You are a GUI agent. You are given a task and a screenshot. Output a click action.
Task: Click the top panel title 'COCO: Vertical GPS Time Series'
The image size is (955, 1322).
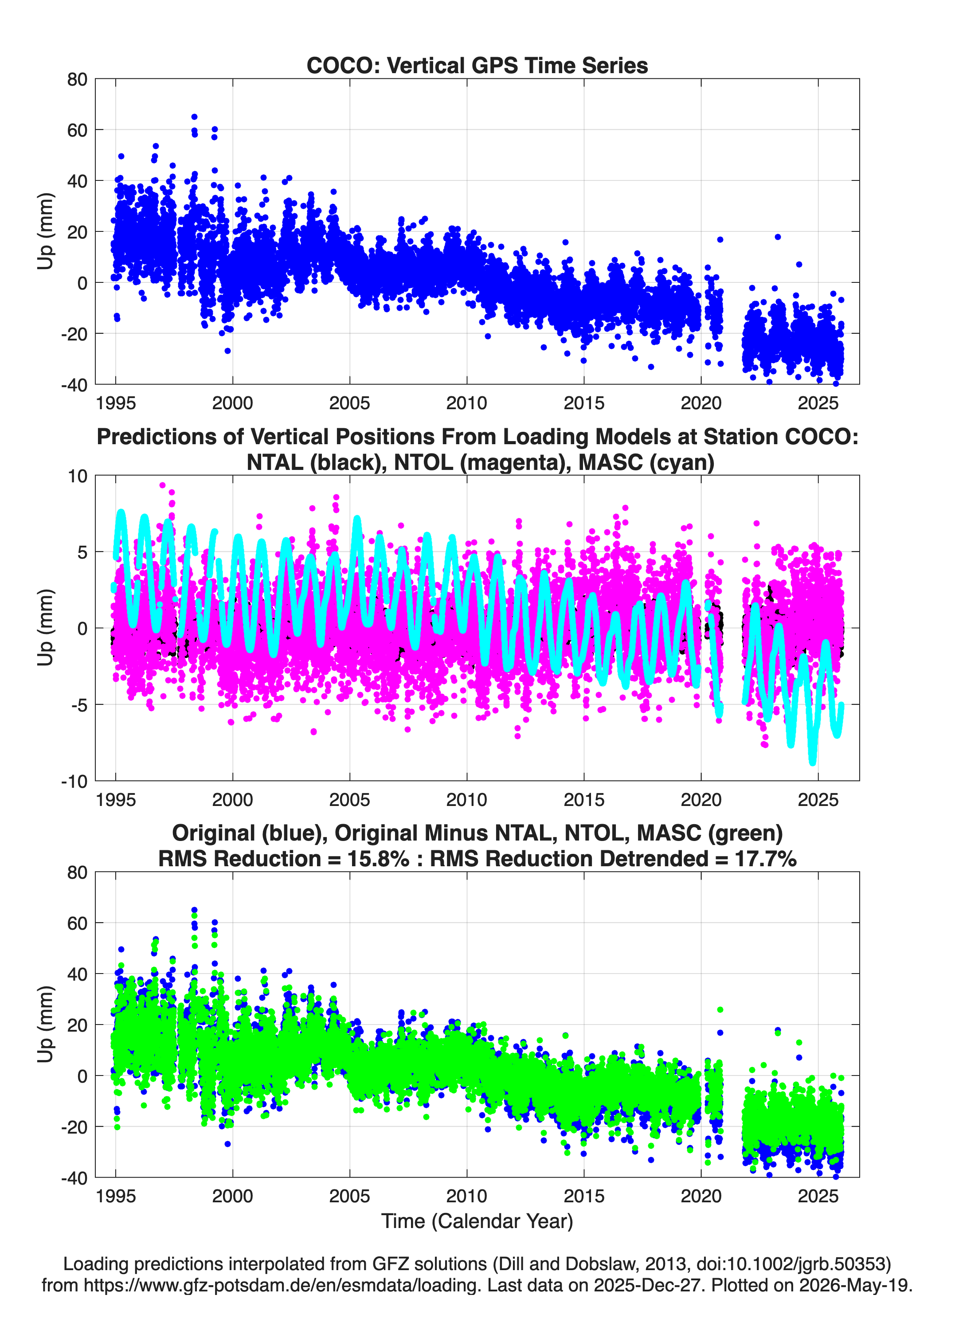pyautogui.click(x=477, y=65)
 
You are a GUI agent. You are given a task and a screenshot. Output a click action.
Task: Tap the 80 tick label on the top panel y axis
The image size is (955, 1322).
pyautogui.click(x=77, y=79)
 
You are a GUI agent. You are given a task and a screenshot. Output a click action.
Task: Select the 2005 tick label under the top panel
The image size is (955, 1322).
pyautogui.click(x=350, y=403)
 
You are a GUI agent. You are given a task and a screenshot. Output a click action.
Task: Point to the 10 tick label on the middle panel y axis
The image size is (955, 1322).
pyautogui.click(x=78, y=476)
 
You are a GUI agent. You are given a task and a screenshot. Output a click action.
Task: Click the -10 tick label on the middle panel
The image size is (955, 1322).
pyautogui.click(x=74, y=781)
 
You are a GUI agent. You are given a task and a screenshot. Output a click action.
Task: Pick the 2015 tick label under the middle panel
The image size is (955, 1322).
pyautogui.click(x=584, y=799)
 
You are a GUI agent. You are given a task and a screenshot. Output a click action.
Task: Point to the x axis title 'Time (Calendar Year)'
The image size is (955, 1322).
pyautogui.click(x=477, y=1220)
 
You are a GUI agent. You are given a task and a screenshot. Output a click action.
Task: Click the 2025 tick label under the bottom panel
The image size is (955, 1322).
pyautogui.click(x=818, y=1196)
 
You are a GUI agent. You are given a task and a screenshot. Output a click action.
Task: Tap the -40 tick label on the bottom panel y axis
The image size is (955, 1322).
pyautogui.click(x=74, y=1177)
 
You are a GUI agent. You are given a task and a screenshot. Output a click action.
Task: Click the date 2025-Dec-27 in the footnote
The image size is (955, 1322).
pyautogui.click(x=647, y=1285)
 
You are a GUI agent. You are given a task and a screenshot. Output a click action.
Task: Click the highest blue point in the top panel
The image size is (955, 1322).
pyautogui.click(x=194, y=117)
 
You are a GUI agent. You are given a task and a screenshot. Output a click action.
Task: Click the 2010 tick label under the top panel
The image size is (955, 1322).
pyautogui.click(x=467, y=403)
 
